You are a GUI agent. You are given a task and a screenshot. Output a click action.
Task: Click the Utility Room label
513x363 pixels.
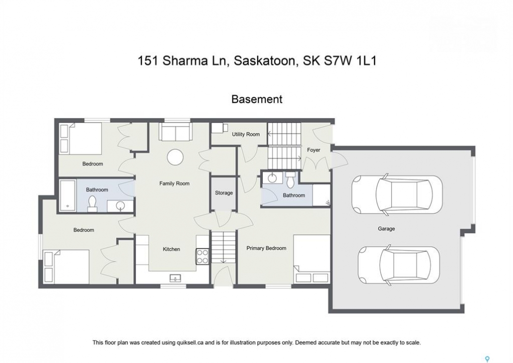pos(246,134)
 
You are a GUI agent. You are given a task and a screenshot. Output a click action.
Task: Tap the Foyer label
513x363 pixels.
pos(314,150)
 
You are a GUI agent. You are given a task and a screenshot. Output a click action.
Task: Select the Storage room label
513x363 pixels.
pos(224,193)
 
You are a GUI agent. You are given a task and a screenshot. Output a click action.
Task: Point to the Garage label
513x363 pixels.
pos(386,229)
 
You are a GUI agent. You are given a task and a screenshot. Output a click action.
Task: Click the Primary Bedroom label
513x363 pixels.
pos(266,249)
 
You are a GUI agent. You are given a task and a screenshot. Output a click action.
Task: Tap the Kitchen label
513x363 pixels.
pos(172,250)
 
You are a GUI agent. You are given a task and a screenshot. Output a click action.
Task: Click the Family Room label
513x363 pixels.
pos(174,184)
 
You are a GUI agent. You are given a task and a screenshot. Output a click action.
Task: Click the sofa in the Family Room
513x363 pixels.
pos(175,132)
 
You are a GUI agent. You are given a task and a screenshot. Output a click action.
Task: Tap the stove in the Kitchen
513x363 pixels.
pos(202,257)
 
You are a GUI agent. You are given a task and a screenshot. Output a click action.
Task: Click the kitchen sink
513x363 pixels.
pos(176,278)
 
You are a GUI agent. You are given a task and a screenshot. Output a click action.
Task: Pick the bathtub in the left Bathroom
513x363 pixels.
pos(68,195)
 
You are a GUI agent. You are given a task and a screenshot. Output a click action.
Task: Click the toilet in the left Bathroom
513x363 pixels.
pos(92,204)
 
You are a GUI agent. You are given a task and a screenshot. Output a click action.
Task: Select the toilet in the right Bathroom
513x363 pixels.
pos(290,179)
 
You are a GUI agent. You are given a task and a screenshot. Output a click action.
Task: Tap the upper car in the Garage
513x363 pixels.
pos(397,195)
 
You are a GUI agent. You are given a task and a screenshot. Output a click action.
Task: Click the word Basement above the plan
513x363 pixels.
pos(257,99)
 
